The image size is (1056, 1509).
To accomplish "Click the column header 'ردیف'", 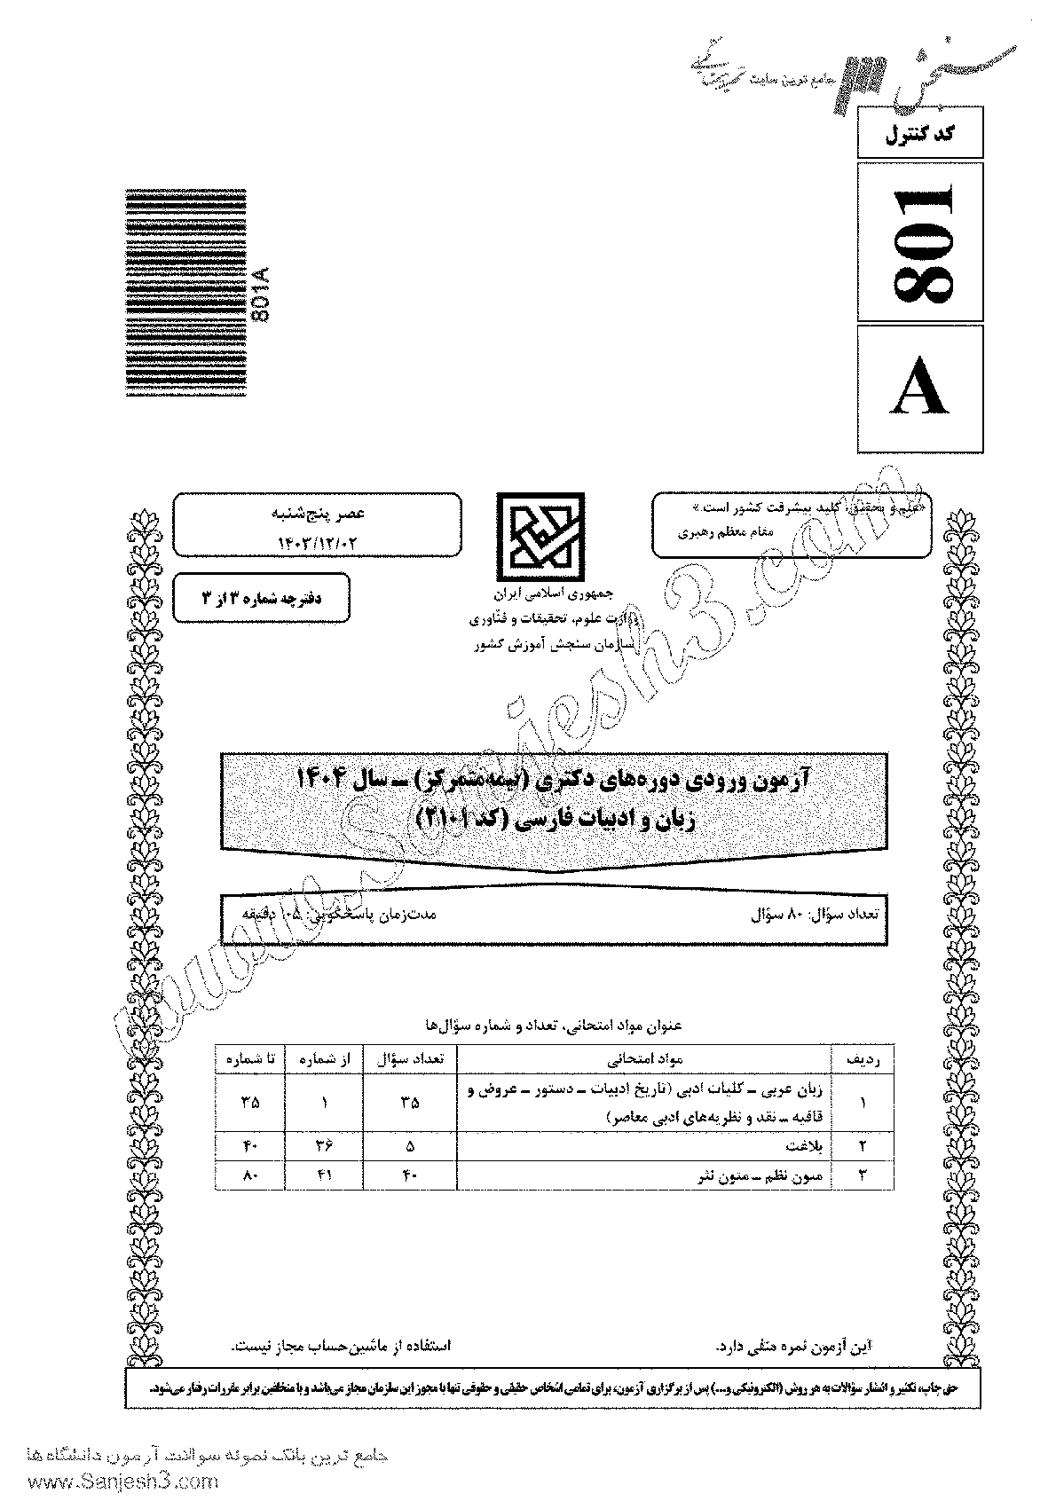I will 861,1058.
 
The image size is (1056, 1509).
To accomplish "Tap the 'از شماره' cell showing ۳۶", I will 324,1145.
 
